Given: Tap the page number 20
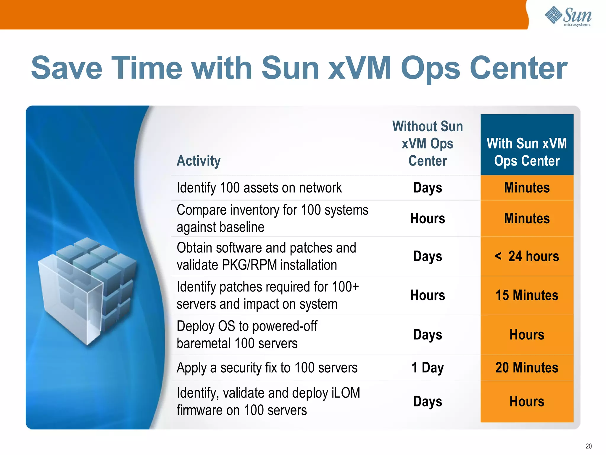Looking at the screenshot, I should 588,446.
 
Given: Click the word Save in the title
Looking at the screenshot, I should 67,68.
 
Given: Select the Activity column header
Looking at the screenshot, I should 199,161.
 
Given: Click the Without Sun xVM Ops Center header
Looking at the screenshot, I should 428,143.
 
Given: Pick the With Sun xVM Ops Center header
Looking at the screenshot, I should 527,152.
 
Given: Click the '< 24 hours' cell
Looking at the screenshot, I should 527,256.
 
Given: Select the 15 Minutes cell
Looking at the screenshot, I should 527,295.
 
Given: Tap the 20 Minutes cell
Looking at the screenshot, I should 527,368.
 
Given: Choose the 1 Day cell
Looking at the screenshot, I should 428,368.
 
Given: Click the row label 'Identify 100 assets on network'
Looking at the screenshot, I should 259,188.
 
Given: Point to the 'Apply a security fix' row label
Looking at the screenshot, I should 267,368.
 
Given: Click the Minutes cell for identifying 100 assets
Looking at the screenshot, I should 527,188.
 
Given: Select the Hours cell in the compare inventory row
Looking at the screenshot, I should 428,219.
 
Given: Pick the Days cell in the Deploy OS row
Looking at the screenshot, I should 428,335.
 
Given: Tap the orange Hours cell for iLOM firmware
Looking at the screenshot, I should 527,402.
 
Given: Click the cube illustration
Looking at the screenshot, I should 87,290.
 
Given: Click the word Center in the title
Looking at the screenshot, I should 518,68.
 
